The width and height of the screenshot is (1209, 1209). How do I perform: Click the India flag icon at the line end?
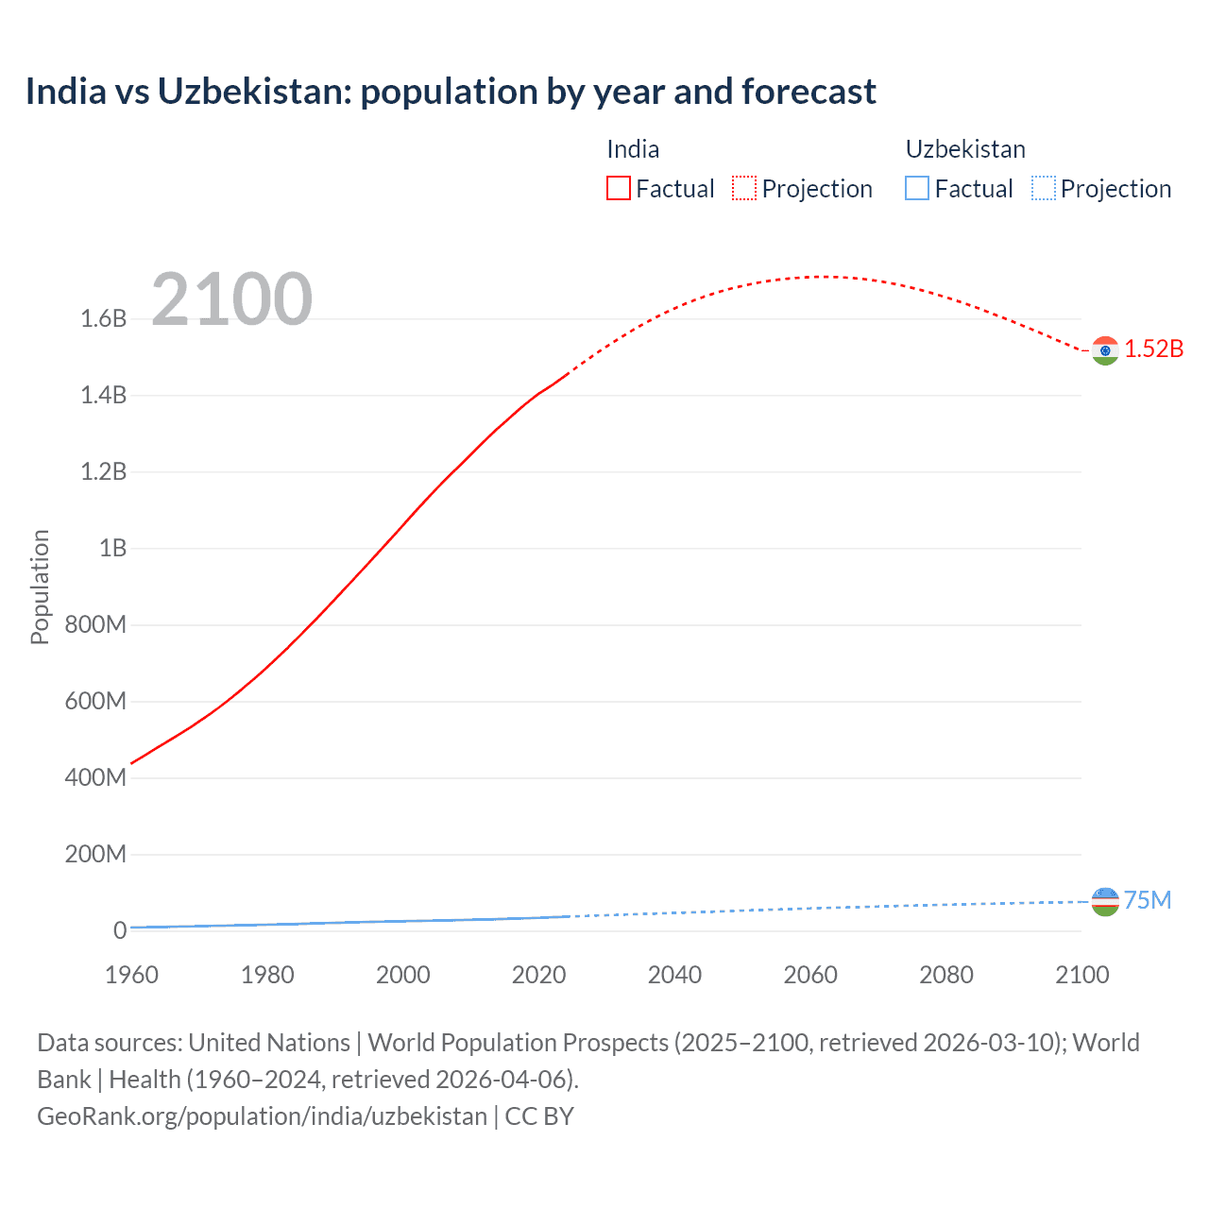(x=1104, y=350)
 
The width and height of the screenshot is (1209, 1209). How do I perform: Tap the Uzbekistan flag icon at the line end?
(x=1104, y=902)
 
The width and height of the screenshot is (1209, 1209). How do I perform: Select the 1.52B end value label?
(x=1153, y=349)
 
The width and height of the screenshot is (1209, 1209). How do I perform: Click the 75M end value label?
(x=1148, y=900)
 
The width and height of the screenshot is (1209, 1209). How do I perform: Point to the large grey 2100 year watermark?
(x=231, y=299)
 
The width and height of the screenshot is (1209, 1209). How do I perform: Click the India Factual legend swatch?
(x=618, y=188)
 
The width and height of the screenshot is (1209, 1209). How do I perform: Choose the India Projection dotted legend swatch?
(x=744, y=188)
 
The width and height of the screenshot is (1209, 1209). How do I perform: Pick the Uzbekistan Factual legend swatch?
(x=917, y=188)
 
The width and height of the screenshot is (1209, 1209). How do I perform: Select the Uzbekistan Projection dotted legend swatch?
(x=1044, y=188)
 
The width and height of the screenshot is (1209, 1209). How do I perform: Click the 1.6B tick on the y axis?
(x=104, y=318)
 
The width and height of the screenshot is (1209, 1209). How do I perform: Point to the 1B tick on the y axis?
(x=112, y=548)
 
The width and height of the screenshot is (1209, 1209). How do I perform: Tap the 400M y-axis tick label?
(x=95, y=777)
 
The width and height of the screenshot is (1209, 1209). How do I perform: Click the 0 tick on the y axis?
(x=119, y=930)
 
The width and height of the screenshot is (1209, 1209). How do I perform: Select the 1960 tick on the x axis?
(x=131, y=975)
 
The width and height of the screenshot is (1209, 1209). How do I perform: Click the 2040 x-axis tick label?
(x=674, y=975)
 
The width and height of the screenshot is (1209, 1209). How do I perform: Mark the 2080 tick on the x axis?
(x=946, y=975)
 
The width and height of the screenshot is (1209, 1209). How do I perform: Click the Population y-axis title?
(x=40, y=587)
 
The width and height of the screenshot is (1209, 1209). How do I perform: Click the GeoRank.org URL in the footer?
(x=262, y=1115)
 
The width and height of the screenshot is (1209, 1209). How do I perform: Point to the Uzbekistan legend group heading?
(x=965, y=149)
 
